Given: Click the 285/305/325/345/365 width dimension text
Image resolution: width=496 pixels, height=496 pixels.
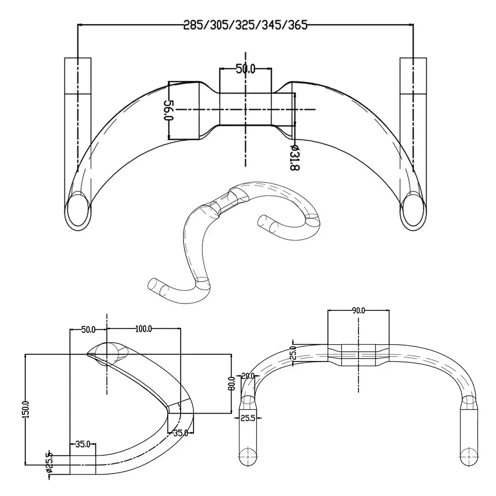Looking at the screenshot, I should tap(246, 25).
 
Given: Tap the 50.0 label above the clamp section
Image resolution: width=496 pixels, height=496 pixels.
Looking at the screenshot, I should tap(245, 69).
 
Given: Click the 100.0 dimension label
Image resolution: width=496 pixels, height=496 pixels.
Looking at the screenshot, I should tap(143, 329).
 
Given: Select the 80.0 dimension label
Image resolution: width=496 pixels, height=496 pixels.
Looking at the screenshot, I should tap(230, 383).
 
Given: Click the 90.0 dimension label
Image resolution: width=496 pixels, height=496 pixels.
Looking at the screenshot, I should tap(358, 310).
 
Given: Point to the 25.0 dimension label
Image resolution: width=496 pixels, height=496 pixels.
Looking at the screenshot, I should tap(293, 353).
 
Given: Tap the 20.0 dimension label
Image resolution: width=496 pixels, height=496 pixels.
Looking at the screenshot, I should tap(248, 376).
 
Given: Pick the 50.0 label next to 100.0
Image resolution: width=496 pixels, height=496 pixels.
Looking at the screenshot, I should tap(88, 329).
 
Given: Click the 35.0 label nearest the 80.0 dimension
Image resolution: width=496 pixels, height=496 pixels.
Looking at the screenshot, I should tap(181, 433).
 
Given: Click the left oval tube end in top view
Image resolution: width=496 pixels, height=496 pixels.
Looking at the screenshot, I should tap(78, 210).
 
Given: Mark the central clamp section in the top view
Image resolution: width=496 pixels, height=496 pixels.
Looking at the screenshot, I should tap(246, 109).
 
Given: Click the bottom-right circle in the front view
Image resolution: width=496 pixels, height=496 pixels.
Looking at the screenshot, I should tap(467, 456).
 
